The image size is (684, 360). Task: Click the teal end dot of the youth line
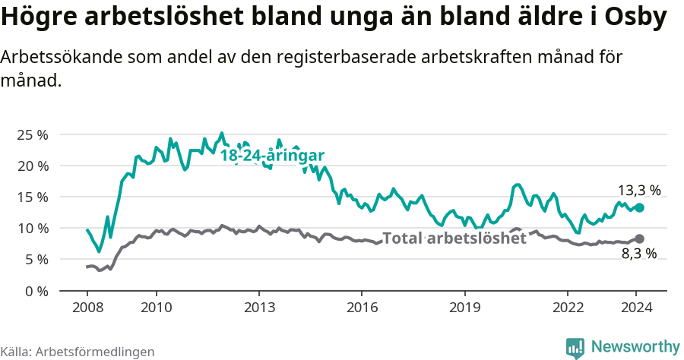[x=640, y=207]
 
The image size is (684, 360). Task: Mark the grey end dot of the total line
[x=640, y=238]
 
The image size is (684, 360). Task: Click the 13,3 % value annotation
[x=638, y=190]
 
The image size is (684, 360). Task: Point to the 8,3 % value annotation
[x=638, y=254]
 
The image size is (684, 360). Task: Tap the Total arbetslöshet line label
[x=454, y=238]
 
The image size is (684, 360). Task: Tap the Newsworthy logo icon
[x=575, y=347]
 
